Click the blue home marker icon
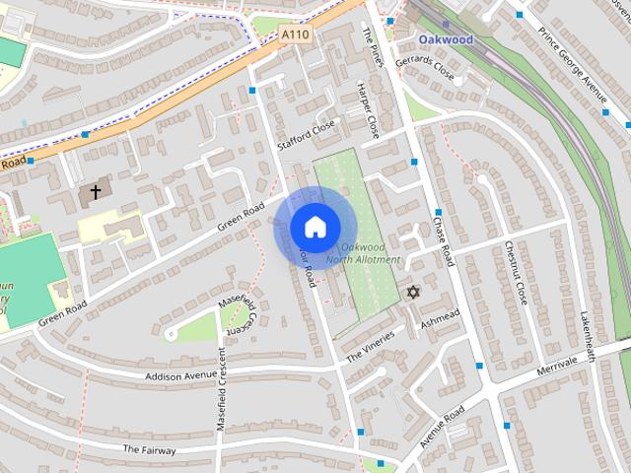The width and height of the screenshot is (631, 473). click(315, 228)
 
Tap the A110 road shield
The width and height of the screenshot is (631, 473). click(294, 34)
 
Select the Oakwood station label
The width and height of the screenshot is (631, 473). click(446, 39)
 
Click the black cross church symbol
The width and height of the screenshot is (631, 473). click(96, 192)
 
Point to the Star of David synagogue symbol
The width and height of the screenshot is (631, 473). click(412, 293)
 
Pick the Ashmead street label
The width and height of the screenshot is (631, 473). click(440, 317)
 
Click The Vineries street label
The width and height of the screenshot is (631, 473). click(370, 344)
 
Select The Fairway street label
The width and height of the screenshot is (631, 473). click(150, 449)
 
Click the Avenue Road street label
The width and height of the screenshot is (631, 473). click(442, 427)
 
